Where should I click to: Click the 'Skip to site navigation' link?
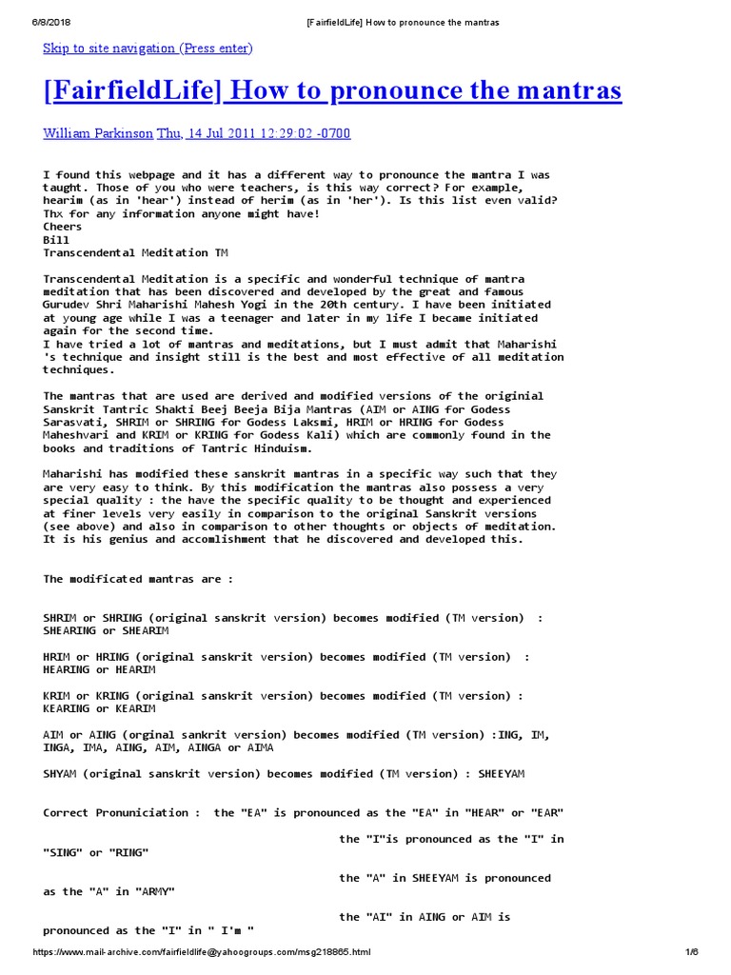148,48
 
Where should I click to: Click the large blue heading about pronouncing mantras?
332,91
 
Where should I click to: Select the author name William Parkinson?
97,133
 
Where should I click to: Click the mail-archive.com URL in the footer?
202,952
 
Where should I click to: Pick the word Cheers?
63,227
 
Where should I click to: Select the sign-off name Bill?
56,240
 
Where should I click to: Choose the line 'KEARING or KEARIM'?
99,708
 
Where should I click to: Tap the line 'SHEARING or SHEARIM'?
106,630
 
